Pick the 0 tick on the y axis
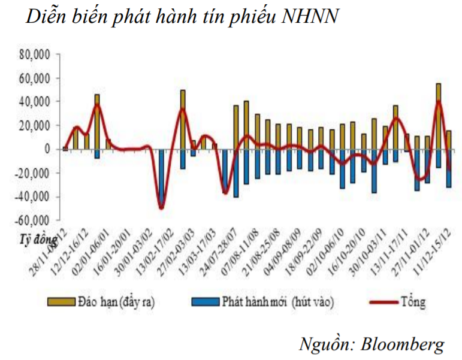(46, 149)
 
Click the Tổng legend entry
(413, 302)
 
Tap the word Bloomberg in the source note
(403, 343)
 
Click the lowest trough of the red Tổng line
(161, 208)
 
